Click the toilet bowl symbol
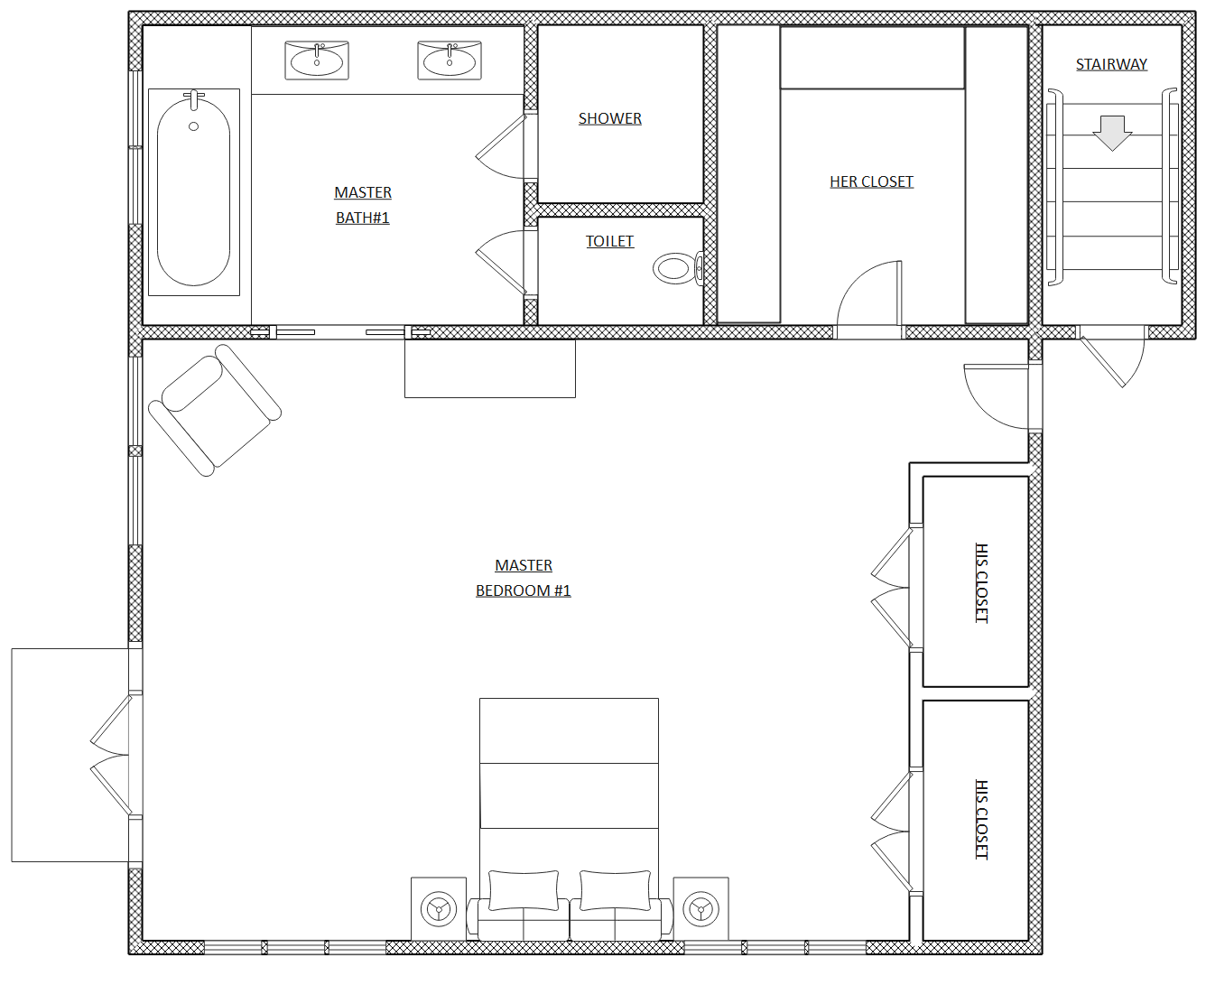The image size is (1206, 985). point(678,268)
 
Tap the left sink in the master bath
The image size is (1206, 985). point(317,60)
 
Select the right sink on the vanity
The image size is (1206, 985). point(450,60)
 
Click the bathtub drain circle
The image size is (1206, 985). point(193,126)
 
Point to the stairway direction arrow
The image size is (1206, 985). point(1112,133)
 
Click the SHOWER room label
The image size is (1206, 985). point(609,118)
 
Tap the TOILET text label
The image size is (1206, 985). point(609,241)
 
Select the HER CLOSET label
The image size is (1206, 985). point(871,181)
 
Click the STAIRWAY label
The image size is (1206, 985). point(1111,64)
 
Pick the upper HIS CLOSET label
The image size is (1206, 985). point(981,583)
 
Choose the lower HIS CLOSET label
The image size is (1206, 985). point(981,819)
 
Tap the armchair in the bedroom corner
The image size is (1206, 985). point(215,410)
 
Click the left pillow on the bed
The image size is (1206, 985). point(524,890)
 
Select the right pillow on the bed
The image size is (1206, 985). point(615,890)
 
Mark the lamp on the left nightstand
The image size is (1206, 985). point(439,909)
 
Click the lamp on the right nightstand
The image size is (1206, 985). point(701,909)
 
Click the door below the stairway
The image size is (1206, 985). point(1113,357)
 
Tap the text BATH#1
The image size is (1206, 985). point(363,218)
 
